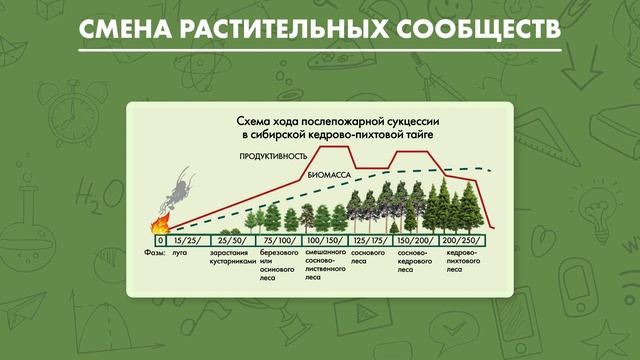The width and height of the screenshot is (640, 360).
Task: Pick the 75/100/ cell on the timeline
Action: click(x=279, y=241)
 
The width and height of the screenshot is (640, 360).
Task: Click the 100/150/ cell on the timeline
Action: click(x=324, y=241)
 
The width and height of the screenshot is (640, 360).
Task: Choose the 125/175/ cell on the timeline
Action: click(x=369, y=241)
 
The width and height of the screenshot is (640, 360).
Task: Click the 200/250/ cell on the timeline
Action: click(x=464, y=241)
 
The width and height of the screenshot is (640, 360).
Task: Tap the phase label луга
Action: click(x=182, y=253)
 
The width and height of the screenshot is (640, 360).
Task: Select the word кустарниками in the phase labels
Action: click(x=232, y=261)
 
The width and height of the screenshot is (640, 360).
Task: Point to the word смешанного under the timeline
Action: click(x=325, y=253)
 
